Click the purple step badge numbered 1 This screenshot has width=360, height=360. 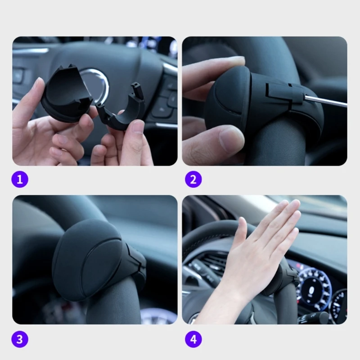(x=19, y=180)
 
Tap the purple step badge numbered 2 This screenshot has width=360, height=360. (x=193, y=180)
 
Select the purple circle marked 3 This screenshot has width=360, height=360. (x=19, y=339)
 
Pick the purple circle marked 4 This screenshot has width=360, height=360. (x=193, y=339)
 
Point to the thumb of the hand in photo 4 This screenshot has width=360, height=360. (x=240, y=234)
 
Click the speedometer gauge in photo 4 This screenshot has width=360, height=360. (x=315, y=288)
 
